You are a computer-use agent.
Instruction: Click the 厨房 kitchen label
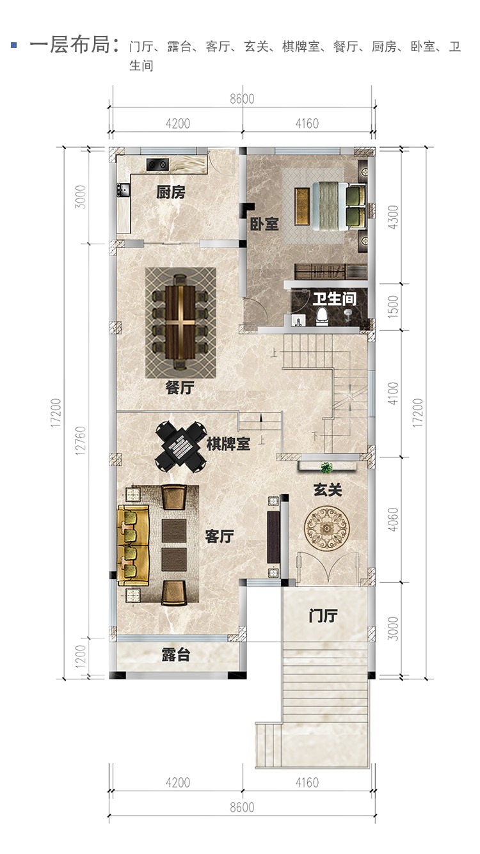pos(170,192)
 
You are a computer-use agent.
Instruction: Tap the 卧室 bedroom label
pos(264,224)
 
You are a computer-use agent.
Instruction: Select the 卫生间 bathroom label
pos(335,299)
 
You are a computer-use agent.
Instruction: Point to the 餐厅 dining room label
pos(180,388)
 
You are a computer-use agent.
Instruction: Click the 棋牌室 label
pos(228,444)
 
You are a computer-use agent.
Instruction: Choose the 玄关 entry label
pos(328,490)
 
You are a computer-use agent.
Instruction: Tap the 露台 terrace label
pos(175,654)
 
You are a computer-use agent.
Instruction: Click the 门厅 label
pos(323,616)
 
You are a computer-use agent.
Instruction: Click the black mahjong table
pos(180,447)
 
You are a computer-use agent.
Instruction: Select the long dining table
pos(180,322)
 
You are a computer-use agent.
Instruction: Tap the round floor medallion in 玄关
pos(326,528)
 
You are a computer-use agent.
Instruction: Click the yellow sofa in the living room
pos(132,545)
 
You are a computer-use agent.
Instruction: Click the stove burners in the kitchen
pos(157,164)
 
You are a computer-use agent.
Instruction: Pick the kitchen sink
pos(124,189)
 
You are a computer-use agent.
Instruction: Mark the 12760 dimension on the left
pos(80,441)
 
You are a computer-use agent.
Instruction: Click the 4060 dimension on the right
pos(392,519)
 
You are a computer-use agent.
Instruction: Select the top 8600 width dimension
pos(242,99)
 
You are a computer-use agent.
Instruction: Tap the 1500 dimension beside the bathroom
pos(392,306)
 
